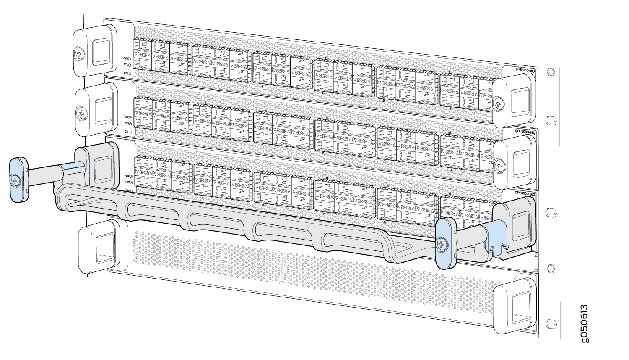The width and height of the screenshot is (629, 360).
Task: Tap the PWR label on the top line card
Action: click(x=125, y=59)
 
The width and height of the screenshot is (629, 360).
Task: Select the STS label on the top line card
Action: click(x=125, y=65)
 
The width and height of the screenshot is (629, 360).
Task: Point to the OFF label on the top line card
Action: click(x=125, y=73)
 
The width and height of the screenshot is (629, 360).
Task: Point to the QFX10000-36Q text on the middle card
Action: click(x=525, y=132)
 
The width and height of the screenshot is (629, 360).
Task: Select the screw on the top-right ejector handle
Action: click(x=498, y=102)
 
